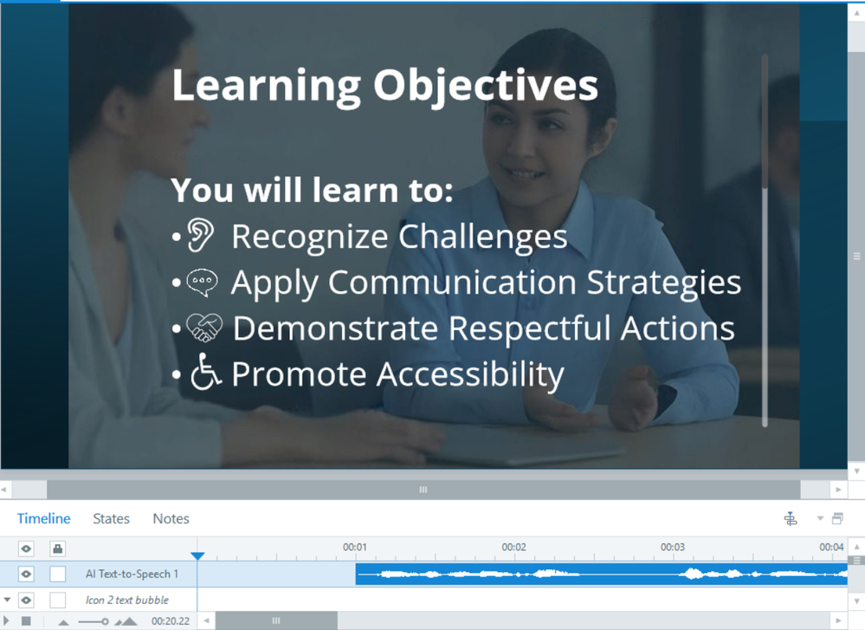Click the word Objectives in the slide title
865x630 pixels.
pos(486,86)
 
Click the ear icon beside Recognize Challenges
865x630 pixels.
pos(200,235)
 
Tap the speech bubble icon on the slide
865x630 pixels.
pos(202,283)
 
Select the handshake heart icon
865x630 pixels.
pos(204,328)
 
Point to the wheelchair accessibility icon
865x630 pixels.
pos(206,372)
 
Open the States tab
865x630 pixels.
pos(112,518)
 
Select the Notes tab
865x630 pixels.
pos(171,518)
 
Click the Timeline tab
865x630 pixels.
pos(43,518)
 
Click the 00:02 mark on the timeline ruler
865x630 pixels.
pos(513,547)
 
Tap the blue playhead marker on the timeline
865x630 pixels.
pos(197,555)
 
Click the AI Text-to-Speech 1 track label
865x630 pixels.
pos(132,575)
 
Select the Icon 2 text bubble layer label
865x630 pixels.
pos(127,601)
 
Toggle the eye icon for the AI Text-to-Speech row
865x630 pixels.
pos(26,575)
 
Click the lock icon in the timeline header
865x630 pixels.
pos(57,549)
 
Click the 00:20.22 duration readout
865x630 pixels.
pos(171,621)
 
